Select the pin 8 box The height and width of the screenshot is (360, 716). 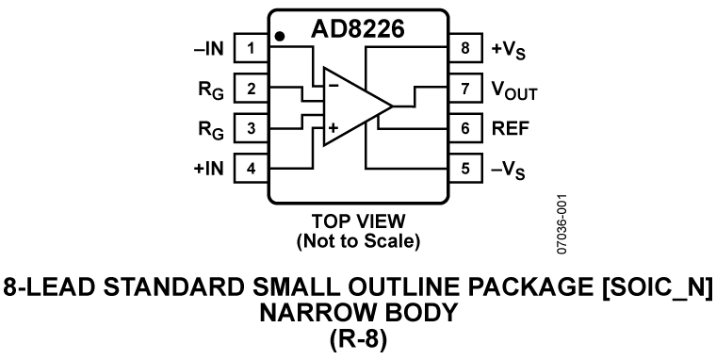tap(464, 46)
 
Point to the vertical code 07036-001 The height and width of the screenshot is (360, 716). tap(563, 224)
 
